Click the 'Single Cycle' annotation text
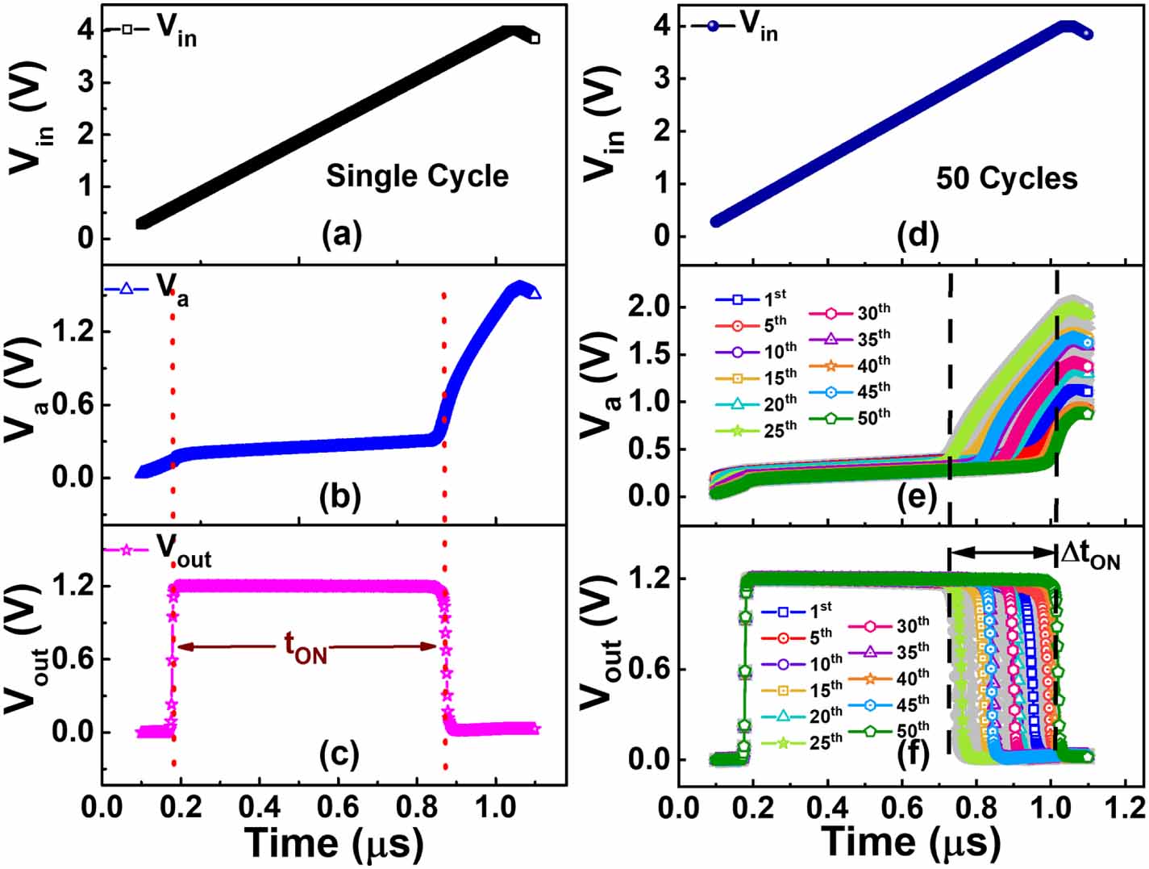pyautogui.click(x=417, y=177)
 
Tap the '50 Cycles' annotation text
pyautogui.click(x=1006, y=179)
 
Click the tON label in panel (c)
pyautogui.click(x=305, y=649)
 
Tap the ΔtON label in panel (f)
pyautogui.click(x=1090, y=554)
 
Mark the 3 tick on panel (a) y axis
pyautogui.click(x=85, y=82)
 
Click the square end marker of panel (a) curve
pyautogui.click(x=535, y=39)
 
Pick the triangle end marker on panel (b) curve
pyautogui.click(x=535, y=294)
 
